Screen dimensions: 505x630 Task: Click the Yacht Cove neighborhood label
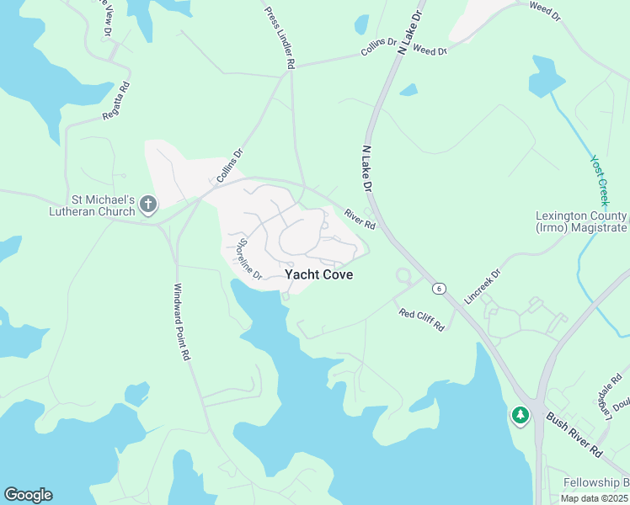click(x=318, y=274)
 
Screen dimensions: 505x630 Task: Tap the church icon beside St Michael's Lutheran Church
click(x=148, y=204)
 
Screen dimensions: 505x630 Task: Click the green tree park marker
click(x=520, y=415)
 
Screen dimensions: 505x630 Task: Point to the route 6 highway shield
click(x=439, y=289)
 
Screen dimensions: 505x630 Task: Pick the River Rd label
click(x=360, y=218)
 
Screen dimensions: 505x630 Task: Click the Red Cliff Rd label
click(x=421, y=320)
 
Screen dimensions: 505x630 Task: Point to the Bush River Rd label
click(x=574, y=434)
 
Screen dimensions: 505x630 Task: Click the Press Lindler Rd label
click(x=280, y=38)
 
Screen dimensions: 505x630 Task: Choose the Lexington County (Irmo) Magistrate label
click(x=581, y=222)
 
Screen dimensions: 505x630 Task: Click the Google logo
click(x=28, y=495)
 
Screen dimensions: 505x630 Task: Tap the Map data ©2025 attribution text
click(x=593, y=498)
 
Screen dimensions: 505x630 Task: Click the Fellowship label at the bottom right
click(x=597, y=481)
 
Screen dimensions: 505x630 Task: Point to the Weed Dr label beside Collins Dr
click(x=430, y=51)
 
